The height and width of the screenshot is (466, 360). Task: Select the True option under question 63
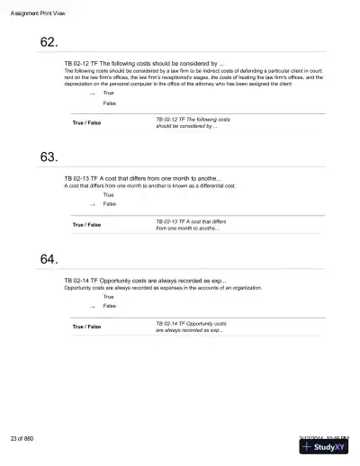(x=109, y=194)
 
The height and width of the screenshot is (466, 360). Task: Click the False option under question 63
(x=110, y=204)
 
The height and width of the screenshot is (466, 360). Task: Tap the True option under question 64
(x=109, y=296)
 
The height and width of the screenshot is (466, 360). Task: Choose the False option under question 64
(x=110, y=306)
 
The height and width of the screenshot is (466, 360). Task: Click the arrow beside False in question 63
(x=92, y=204)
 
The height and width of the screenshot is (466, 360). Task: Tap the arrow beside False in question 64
(x=92, y=306)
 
